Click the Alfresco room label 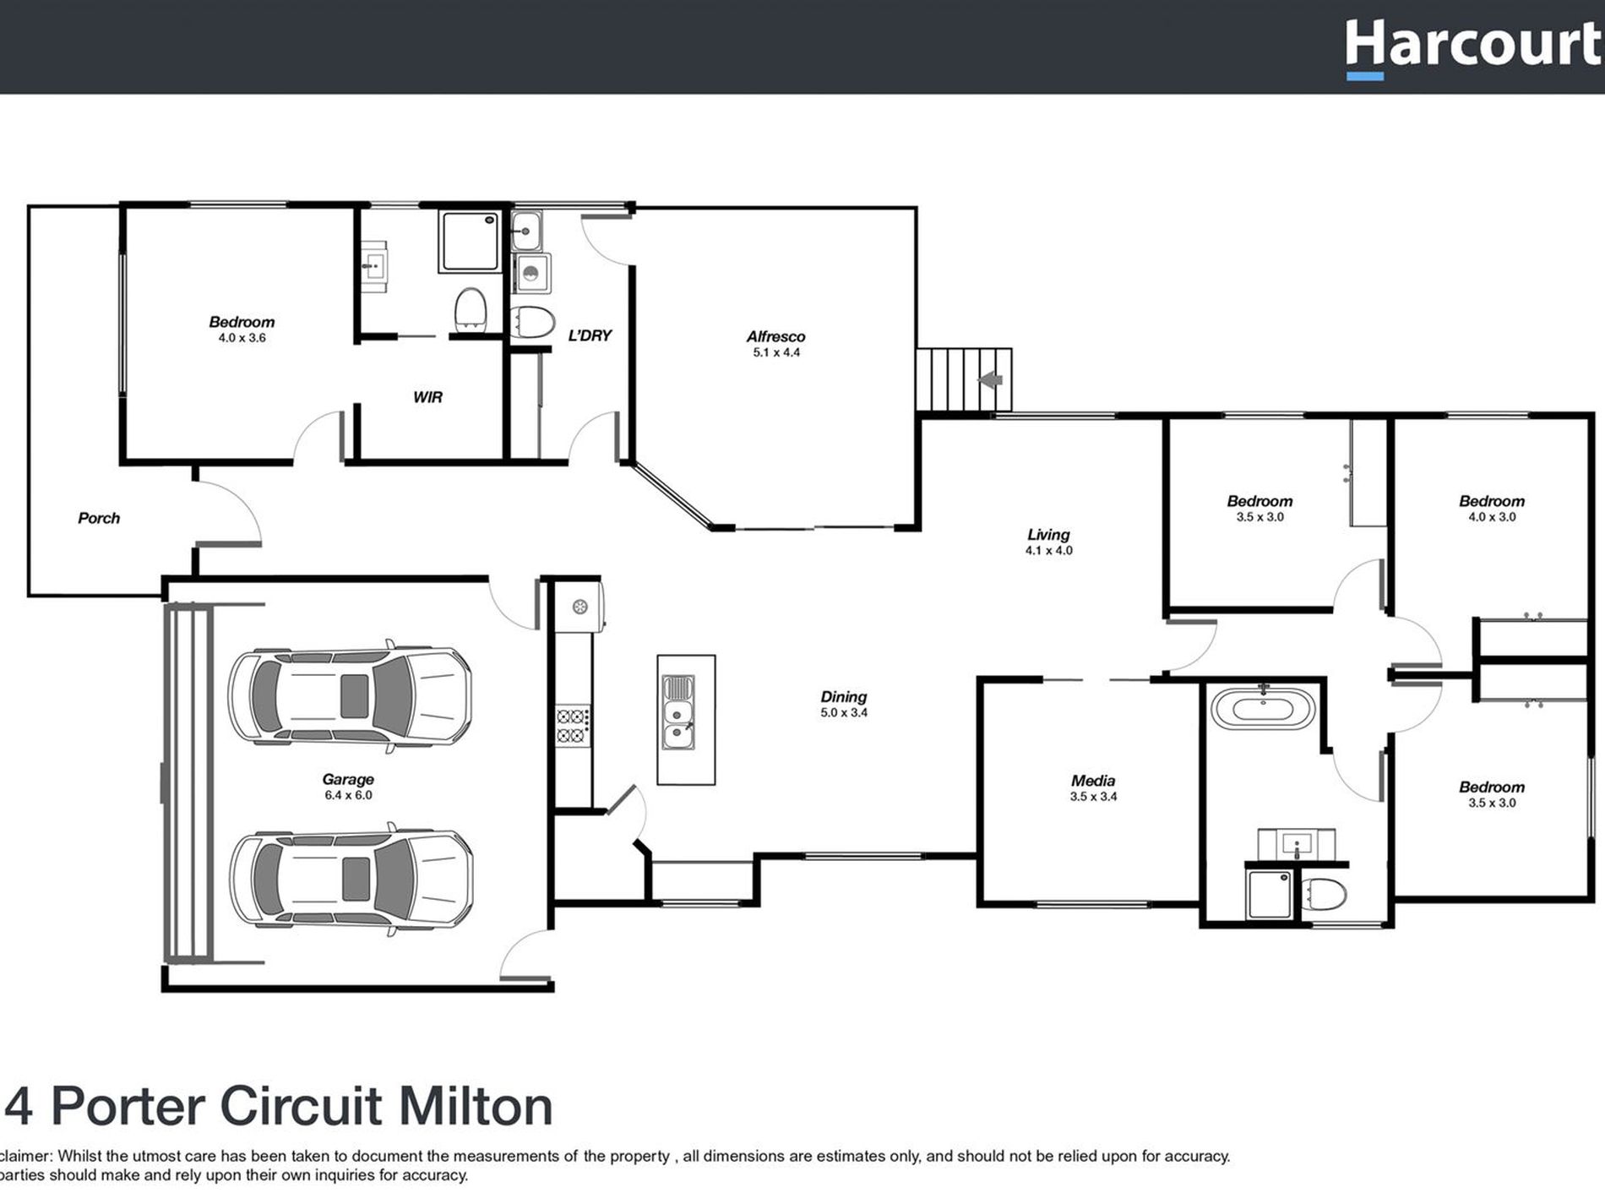pyautogui.click(x=775, y=336)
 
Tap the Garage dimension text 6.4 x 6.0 pyautogui.click(x=348, y=795)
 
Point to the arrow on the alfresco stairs pyautogui.click(x=991, y=380)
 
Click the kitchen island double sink pyautogui.click(x=678, y=711)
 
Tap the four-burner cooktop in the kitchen pyautogui.click(x=572, y=726)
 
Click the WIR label pyautogui.click(x=427, y=397)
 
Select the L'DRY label pyautogui.click(x=590, y=335)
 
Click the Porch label pyautogui.click(x=99, y=518)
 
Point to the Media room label pyautogui.click(x=1093, y=781)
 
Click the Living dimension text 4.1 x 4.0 pyautogui.click(x=1048, y=551)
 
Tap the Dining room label pyautogui.click(x=843, y=696)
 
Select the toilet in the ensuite pyautogui.click(x=470, y=310)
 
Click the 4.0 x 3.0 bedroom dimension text pyautogui.click(x=1491, y=517)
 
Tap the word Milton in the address pyautogui.click(x=475, y=1107)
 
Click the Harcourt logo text pyautogui.click(x=1473, y=46)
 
